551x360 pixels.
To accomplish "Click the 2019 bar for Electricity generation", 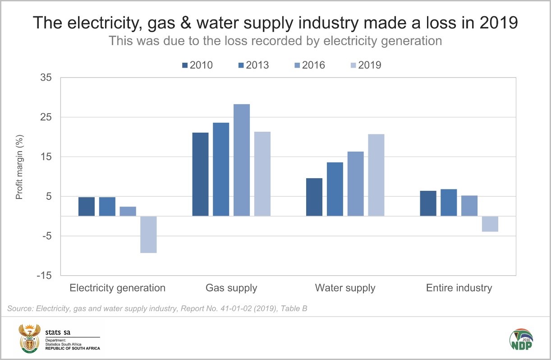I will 148,234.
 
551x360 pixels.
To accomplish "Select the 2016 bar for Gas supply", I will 242,160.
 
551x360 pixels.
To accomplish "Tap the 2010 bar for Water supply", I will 314,197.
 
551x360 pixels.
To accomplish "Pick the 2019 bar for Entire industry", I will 490,224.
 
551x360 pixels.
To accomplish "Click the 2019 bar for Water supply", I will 376,175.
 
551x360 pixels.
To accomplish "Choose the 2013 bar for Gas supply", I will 221,169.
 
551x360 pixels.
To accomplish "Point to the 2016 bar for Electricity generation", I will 128,211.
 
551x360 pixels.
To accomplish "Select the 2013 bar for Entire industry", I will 449,203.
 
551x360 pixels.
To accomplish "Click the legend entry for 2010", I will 197,65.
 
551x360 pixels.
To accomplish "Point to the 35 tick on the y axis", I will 46,78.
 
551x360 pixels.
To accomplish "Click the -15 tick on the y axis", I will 45,276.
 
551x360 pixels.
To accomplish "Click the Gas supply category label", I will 231,288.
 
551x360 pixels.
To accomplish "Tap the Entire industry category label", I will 459,288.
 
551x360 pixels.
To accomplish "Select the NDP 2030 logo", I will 521,338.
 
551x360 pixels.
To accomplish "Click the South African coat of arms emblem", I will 29,338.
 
